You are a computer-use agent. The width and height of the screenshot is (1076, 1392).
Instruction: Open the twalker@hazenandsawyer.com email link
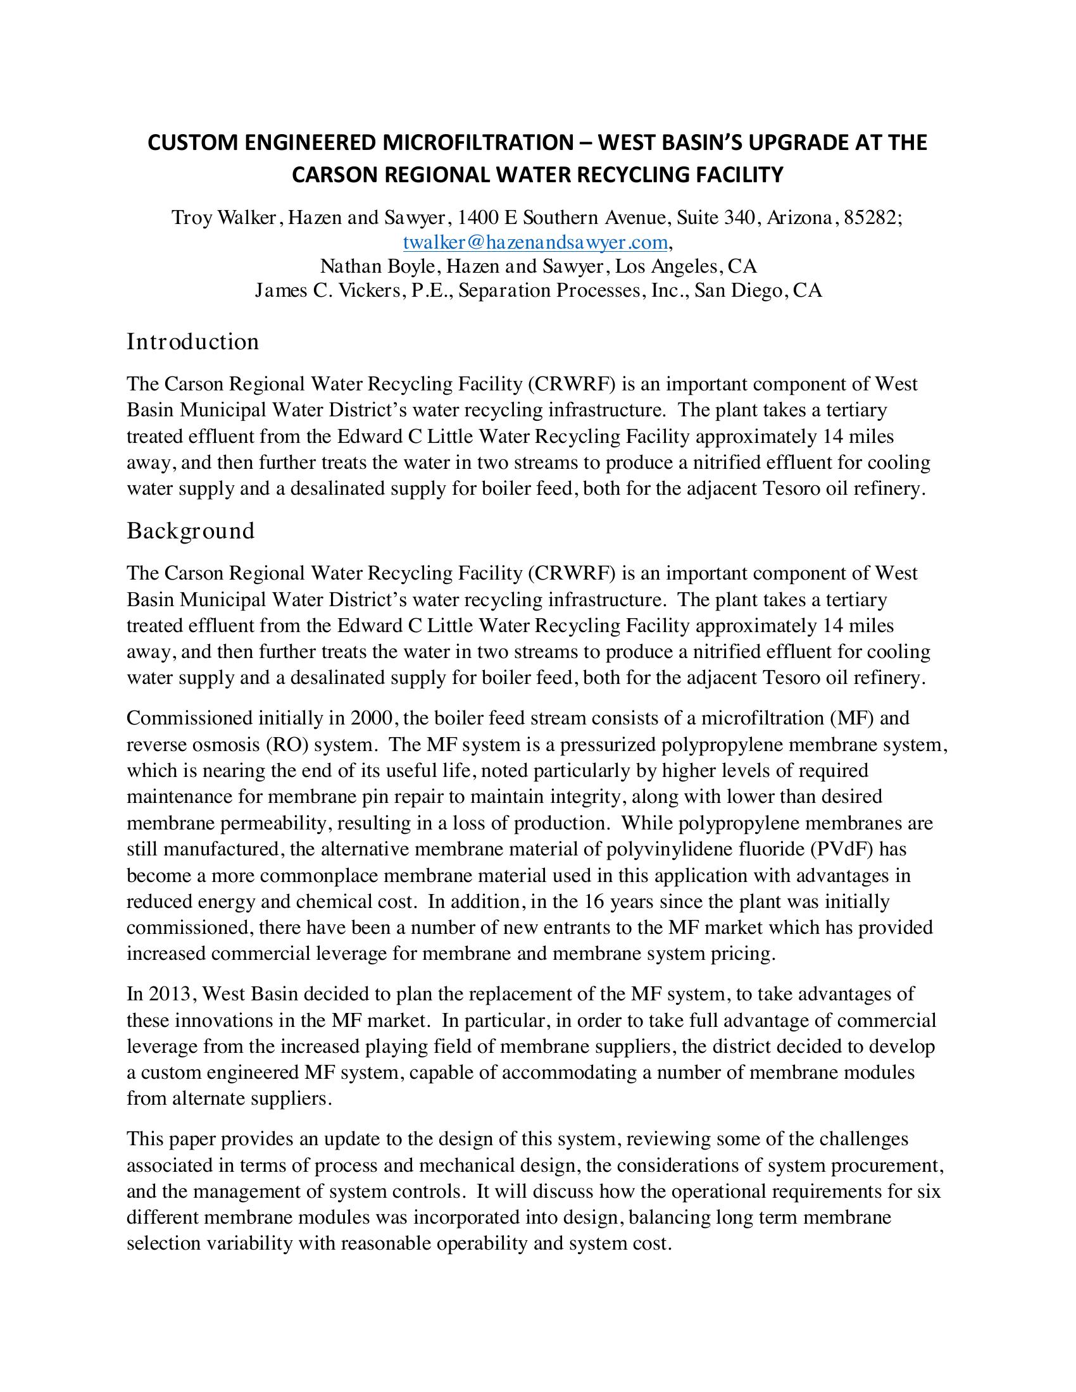pos(535,242)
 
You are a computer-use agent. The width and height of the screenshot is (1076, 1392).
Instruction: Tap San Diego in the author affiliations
pos(739,290)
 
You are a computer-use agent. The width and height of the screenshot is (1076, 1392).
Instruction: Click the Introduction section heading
pos(192,342)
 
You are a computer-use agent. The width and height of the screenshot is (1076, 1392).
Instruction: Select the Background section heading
pos(190,530)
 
